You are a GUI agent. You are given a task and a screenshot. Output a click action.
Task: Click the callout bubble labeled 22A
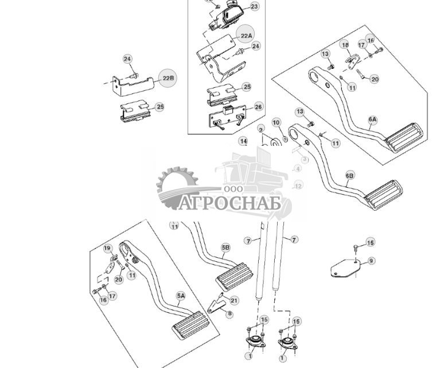(246, 35)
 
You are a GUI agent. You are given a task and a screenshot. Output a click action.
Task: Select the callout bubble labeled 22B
(167, 78)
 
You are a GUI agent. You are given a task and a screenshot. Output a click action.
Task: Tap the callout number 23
(255, 6)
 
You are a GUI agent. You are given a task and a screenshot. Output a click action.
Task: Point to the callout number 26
(258, 107)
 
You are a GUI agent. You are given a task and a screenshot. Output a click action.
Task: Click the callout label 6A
(373, 120)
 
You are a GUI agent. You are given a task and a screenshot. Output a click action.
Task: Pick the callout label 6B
(350, 175)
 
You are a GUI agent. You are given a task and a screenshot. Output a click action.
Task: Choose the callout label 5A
(181, 296)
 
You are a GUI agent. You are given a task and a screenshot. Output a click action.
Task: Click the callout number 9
(371, 261)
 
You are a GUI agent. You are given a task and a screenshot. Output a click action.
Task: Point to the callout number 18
(345, 45)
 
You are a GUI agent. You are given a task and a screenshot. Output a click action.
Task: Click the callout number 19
(107, 249)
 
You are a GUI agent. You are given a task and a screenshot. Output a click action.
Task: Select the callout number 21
(234, 300)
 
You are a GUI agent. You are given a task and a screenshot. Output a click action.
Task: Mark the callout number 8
(229, 314)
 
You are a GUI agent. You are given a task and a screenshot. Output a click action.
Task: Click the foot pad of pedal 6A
(404, 140)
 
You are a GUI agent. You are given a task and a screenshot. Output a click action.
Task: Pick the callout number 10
(276, 122)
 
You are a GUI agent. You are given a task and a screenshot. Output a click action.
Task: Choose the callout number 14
(244, 141)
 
